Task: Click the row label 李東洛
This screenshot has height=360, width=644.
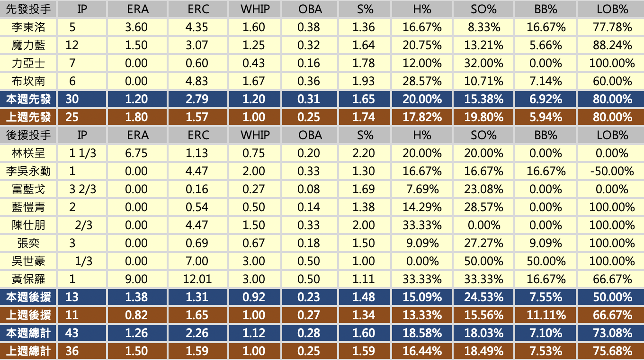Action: point(28,27)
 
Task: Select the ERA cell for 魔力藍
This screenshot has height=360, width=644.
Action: point(136,45)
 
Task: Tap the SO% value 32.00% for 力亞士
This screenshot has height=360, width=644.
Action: point(483,63)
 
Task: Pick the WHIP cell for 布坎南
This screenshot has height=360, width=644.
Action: point(253,81)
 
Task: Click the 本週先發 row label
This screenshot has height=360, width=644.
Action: point(28,99)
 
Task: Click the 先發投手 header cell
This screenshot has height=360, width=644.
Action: point(28,9)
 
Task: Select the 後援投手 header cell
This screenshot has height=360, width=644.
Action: point(28,135)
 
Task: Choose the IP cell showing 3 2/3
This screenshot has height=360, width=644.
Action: point(82,189)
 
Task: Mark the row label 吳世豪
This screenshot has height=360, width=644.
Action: point(28,261)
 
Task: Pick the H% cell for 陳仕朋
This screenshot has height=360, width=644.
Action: point(422,225)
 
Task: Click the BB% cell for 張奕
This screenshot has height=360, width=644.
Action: point(546,243)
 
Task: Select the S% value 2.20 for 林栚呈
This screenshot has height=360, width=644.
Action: point(364,153)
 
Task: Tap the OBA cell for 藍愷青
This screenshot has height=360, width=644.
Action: point(309,207)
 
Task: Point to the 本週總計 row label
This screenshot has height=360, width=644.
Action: point(28,333)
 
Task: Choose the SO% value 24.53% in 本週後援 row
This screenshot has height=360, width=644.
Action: point(483,297)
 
